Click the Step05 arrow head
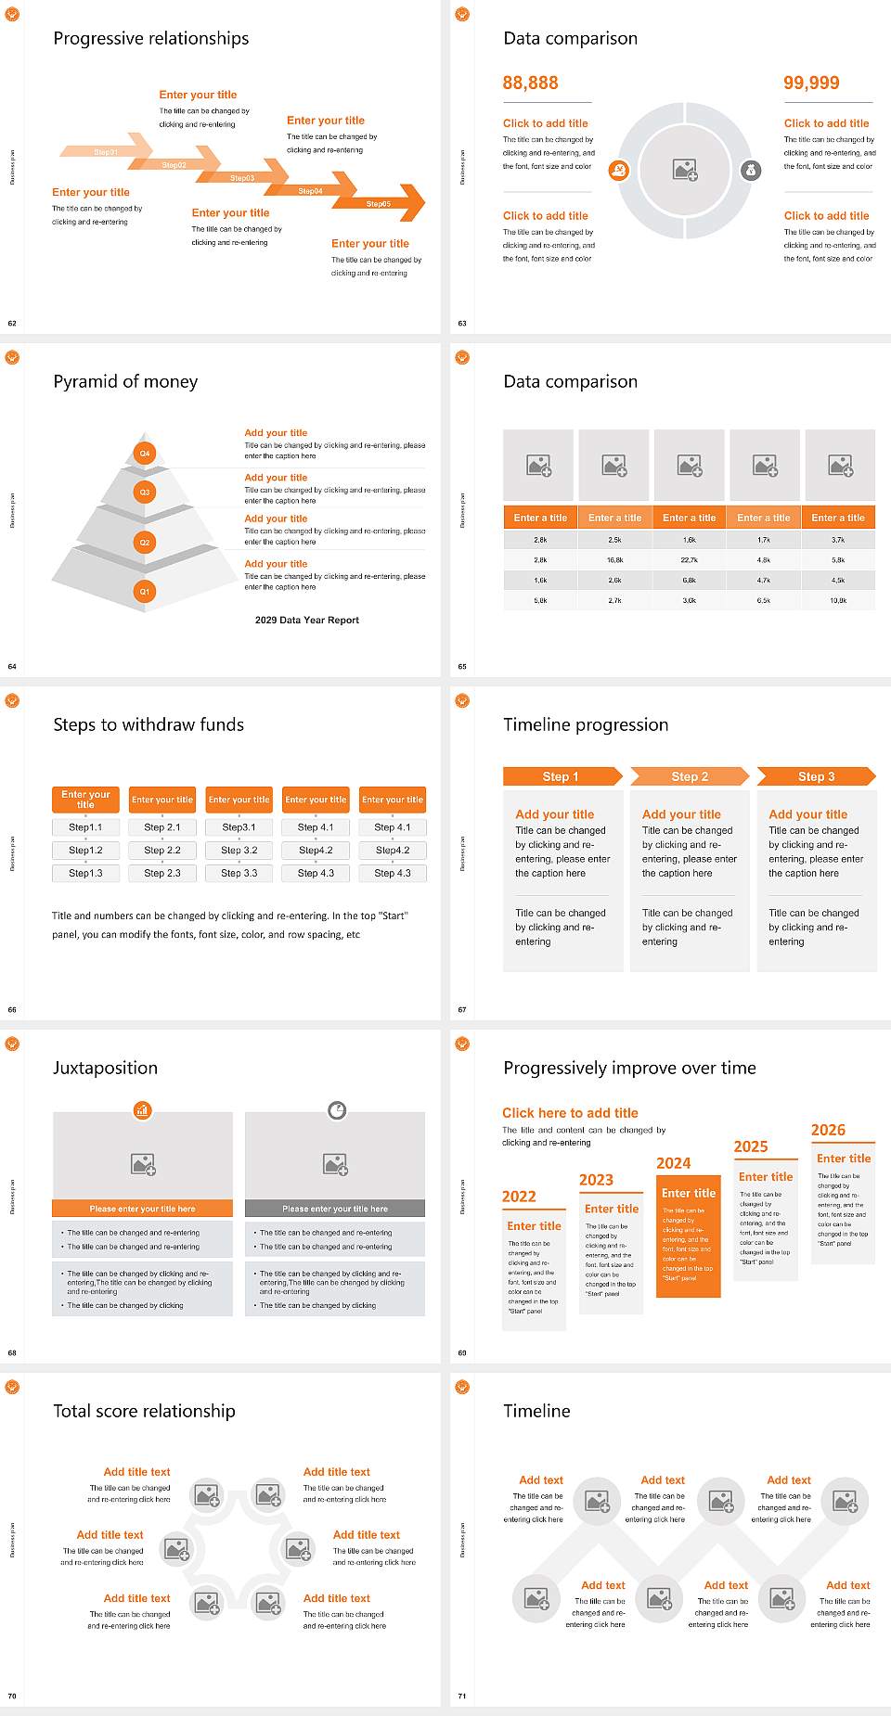tap(413, 203)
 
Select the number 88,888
tap(530, 83)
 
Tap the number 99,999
tap(810, 83)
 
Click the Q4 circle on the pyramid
tap(145, 454)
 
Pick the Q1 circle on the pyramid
tap(145, 591)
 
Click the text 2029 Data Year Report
tap(306, 620)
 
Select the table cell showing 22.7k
tap(689, 560)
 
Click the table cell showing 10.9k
tap(837, 601)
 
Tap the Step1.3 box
tap(85, 873)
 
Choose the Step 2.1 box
tap(162, 826)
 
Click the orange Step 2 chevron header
tap(689, 776)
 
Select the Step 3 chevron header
tap(815, 776)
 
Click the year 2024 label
tap(673, 1163)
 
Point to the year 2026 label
tap(828, 1130)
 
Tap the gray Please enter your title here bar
tap(335, 1209)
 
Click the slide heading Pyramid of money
tap(125, 381)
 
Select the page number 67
tap(462, 1009)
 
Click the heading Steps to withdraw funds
tap(148, 724)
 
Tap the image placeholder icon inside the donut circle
tap(685, 170)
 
